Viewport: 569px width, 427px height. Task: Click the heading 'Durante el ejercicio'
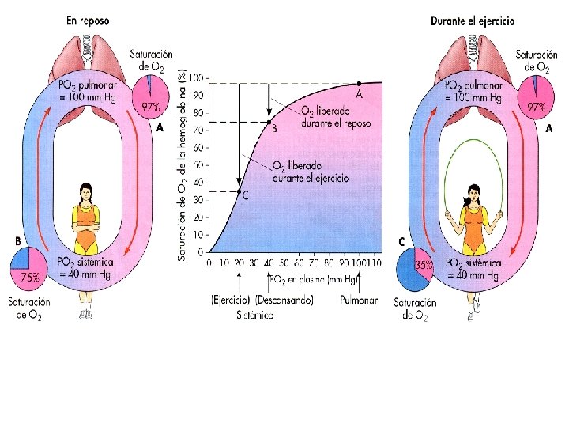coord(473,21)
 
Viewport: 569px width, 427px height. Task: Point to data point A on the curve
coord(359,83)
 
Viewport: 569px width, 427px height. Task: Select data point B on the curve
coord(269,122)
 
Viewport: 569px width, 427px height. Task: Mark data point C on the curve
coord(239,191)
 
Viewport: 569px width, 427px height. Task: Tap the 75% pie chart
coord(28,270)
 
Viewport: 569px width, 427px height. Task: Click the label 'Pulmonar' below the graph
coord(360,300)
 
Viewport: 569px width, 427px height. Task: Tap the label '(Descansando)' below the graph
coord(284,300)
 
